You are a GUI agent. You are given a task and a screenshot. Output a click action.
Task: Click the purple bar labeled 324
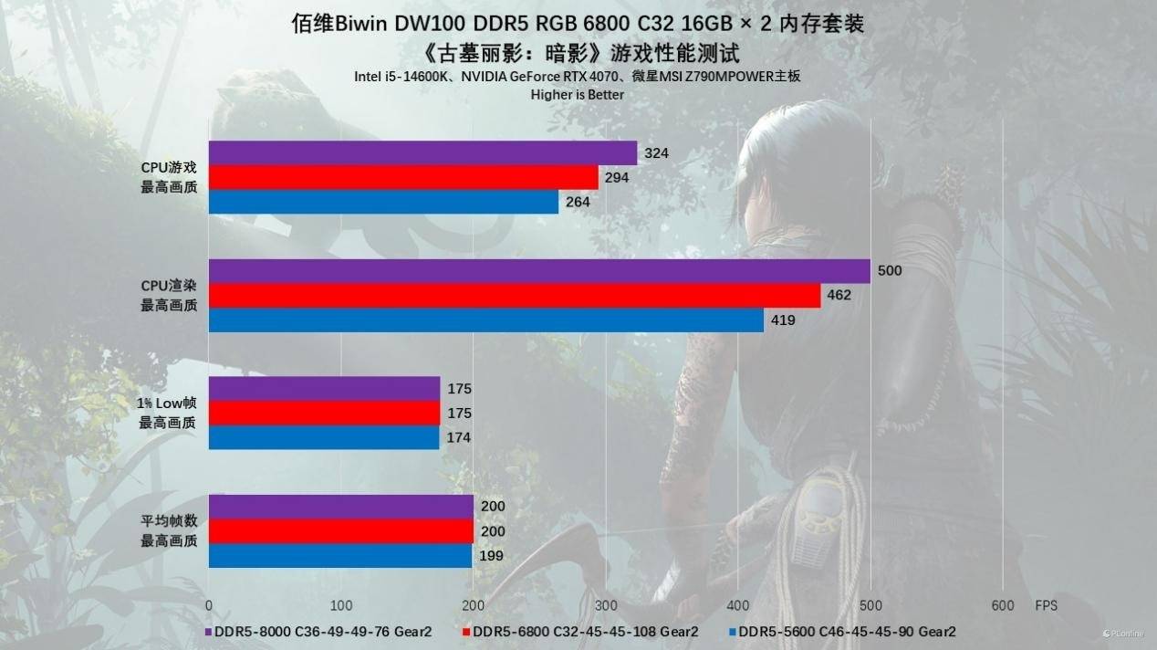(x=422, y=152)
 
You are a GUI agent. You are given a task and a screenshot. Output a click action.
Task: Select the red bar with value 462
(x=514, y=295)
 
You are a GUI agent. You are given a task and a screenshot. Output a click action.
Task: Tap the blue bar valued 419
(x=485, y=320)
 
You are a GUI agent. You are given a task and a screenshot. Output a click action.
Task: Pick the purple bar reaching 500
(x=538, y=271)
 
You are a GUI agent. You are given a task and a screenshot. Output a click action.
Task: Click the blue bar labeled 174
(x=324, y=437)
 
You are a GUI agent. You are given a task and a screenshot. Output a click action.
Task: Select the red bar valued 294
(x=403, y=177)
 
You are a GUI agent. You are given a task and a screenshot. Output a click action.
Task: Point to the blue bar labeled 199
(x=340, y=555)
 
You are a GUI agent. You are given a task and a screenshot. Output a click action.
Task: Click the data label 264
(x=578, y=202)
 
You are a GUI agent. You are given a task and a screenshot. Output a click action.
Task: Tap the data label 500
(x=890, y=271)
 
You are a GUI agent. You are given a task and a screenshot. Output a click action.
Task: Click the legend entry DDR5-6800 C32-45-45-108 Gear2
(x=581, y=631)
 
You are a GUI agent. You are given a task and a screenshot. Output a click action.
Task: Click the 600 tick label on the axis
(x=1002, y=605)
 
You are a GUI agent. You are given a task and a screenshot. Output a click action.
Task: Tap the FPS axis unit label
(x=1047, y=605)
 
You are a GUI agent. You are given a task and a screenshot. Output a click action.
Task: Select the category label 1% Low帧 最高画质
(x=168, y=414)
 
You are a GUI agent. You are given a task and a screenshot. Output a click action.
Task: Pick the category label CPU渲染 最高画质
(x=168, y=295)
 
